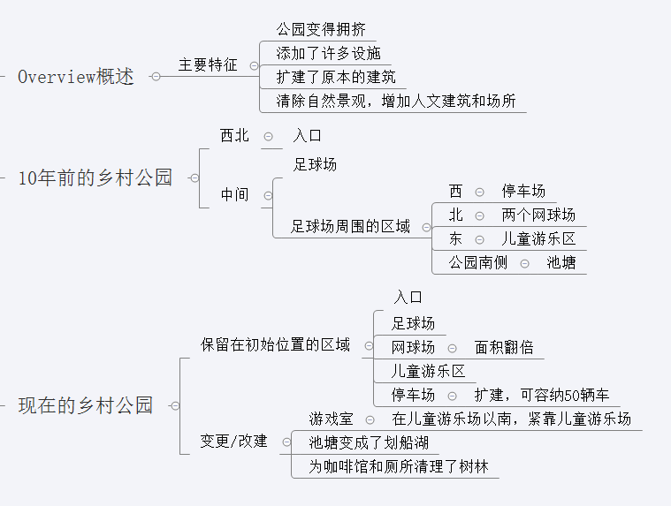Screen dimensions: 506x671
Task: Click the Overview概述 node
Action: [76, 77]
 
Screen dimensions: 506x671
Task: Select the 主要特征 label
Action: [208, 64]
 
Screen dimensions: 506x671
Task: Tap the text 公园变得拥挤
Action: [321, 29]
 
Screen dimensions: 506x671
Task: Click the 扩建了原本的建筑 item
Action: [336, 77]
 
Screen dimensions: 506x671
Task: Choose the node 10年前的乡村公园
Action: [95, 177]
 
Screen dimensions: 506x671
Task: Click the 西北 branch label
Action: [234, 136]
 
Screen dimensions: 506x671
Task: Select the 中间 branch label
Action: [234, 195]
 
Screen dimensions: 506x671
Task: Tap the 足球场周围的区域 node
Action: [351, 227]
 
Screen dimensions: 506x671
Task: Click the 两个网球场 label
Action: [538, 215]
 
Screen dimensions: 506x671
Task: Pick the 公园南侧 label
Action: [478, 262]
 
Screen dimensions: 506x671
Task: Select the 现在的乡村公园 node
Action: [86, 405]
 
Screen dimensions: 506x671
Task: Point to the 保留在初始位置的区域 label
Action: [275, 344]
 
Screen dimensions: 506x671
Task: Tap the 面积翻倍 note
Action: [504, 347]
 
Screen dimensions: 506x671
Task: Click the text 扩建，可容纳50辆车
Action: [541, 395]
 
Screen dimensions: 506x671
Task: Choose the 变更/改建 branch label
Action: [233, 441]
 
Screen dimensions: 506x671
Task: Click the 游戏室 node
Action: [331, 419]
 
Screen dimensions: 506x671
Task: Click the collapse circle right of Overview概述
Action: [156, 77]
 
